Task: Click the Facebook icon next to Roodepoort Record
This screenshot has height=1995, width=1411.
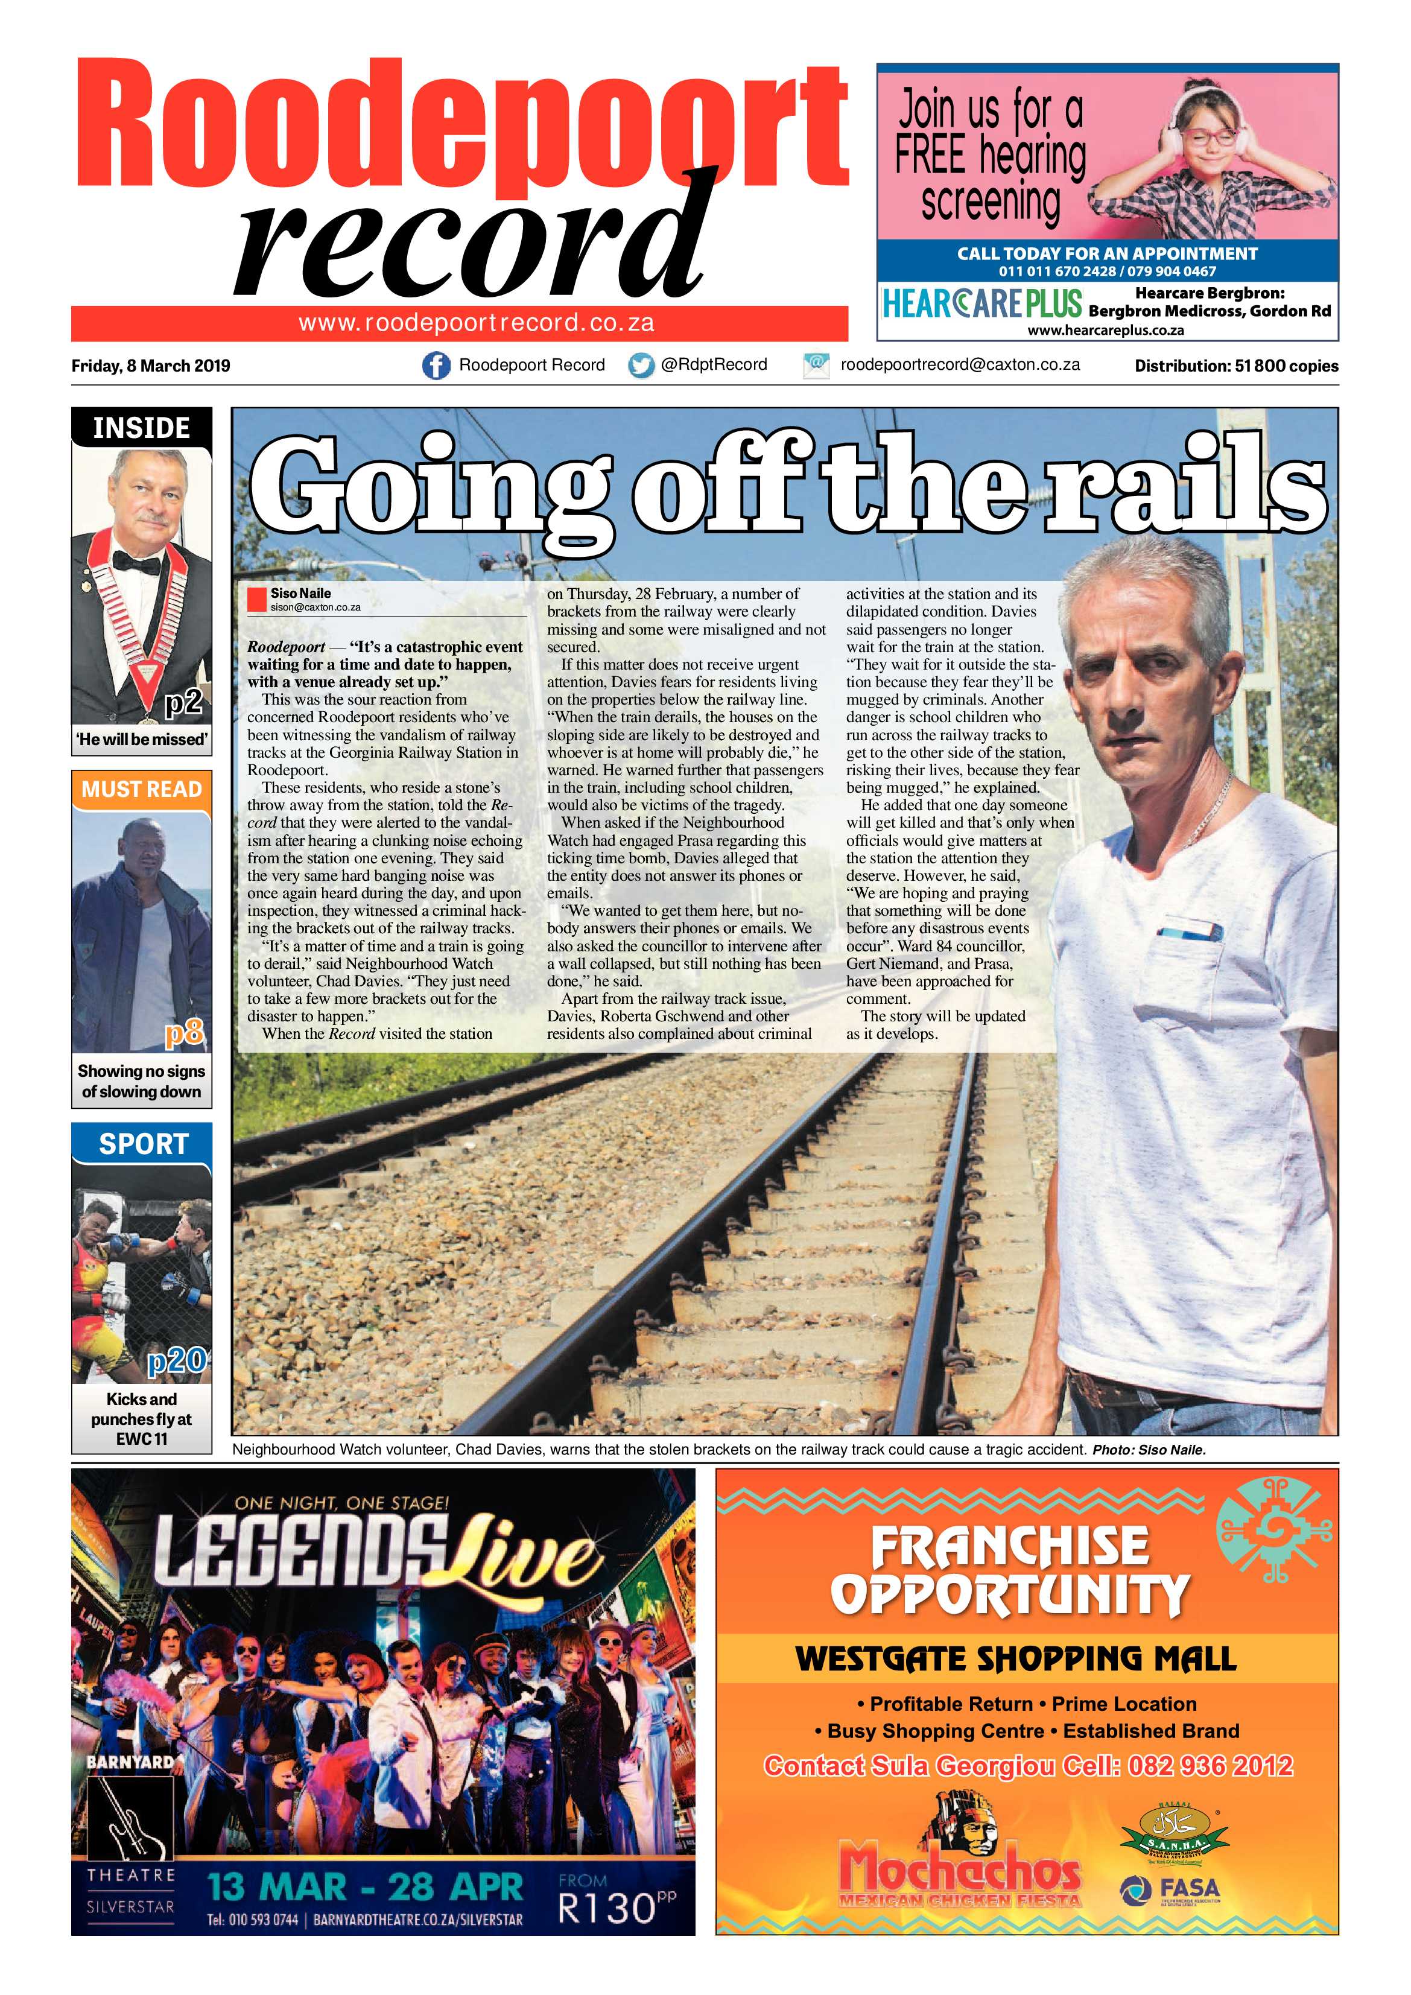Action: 436,366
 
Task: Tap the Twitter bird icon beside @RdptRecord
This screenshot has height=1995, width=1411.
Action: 641,366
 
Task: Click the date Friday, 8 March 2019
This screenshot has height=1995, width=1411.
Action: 150,366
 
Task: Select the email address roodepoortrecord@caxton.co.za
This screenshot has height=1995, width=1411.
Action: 959,365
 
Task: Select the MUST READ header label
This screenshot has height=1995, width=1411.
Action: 142,790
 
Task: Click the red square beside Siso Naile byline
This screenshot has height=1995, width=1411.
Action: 256,600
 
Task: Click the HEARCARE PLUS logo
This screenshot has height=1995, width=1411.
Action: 982,304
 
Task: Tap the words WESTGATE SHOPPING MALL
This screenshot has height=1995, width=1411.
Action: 1016,1659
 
